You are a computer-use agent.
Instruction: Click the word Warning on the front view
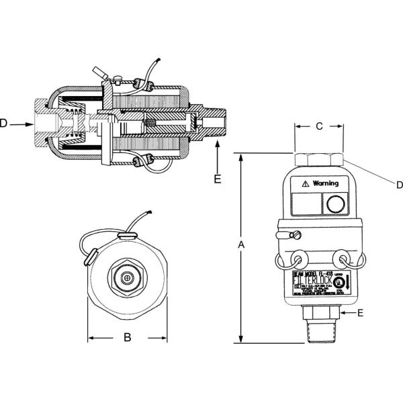(x=325, y=183)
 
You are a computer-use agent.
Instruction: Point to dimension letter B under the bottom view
(x=127, y=338)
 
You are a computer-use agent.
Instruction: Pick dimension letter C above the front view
(x=320, y=126)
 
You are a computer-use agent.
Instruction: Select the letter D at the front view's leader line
(x=398, y=184)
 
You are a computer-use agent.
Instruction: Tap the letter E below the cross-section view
(x=217, y=179)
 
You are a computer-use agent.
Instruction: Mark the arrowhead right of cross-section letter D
(x=30, y=124)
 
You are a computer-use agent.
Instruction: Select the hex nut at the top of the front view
(x=320, y=159)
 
